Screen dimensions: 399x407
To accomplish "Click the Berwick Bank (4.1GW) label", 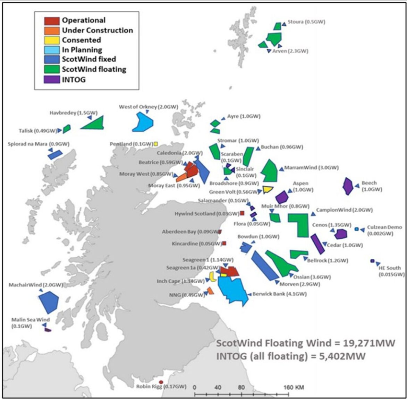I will pyautogui.click(x=280, y=294).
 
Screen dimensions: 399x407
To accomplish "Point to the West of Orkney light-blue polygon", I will pyautogui.click(x=142, y=122).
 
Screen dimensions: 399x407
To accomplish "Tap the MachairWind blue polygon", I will pyautogui.click(x=48, y=302).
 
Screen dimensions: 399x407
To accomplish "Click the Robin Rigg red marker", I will pyautogui.click(x=161, y=382).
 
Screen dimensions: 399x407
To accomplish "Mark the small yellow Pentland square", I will pyautogui.click(x=156, y=143).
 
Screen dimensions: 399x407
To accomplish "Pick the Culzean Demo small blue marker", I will pyautogui.click(x=356, y=229).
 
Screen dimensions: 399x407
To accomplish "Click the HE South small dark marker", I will pyautogui.click(x=372, y=261).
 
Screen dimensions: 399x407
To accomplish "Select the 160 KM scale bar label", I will pyautogui.click(x=294, y=387).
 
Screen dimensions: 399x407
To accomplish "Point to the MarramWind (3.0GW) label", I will pyautogui.click(x=311, y=168).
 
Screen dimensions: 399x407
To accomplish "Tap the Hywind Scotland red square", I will pyautogui.click(x=242, y=213).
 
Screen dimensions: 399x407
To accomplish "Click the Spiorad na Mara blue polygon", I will pyautogui.click(x=55, y=154).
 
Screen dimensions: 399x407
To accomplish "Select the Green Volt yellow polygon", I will pyautogui.click(x=268, y=189).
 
